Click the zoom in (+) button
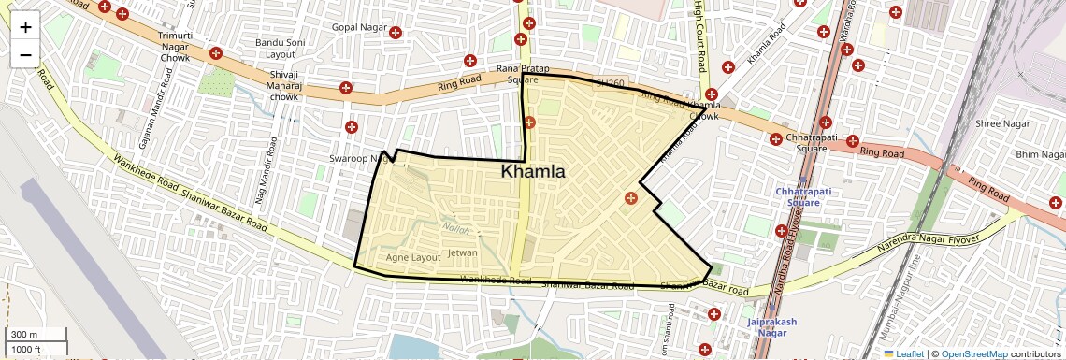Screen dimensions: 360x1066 tap(25, 27)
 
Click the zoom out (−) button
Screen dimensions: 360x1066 tap(25, 54)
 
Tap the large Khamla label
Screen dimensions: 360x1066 tap(533, 172)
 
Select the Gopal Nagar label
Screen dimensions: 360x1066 tap(359, 27)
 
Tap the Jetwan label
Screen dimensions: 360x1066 tap(464, 253)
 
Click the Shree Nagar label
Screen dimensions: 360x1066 tap(1001, 123)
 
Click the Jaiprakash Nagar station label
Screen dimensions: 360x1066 tap(771, 327)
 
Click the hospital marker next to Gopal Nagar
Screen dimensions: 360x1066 tap(396, 33)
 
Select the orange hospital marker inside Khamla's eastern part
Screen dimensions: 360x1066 tap(630, 197)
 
